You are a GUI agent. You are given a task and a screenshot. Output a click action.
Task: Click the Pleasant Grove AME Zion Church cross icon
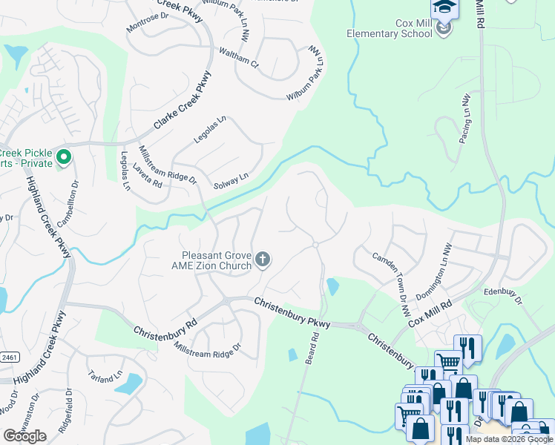[x=262, y=259]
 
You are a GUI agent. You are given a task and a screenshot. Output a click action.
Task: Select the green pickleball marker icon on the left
[x=64, y=156]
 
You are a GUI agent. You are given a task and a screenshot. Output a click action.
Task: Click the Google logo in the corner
[x=24, y=436]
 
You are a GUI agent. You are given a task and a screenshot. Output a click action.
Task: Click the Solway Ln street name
[x=230, y=180]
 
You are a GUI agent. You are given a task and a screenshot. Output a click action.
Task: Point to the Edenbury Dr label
[x=503, y=297]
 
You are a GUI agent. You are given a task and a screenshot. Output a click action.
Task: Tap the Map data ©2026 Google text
[x=509, y=439]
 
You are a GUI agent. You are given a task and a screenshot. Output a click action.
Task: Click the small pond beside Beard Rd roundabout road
[x=333, y=286]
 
